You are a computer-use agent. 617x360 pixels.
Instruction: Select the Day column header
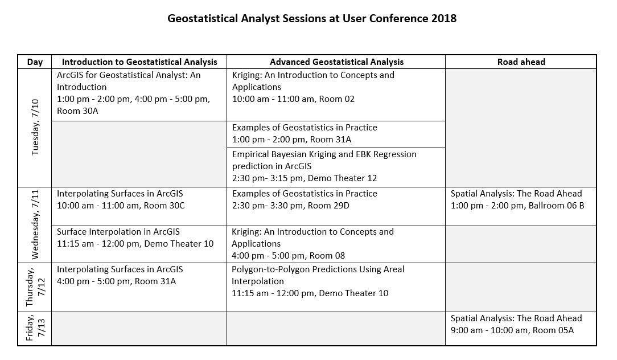click(35, 62)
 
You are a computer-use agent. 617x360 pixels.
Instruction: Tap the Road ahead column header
click(521, 62)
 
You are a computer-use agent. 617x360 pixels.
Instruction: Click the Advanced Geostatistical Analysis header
click(336, 62)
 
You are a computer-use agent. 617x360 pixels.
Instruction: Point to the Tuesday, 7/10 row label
click(35, 127)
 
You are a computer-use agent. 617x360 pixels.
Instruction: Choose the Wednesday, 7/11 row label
click(35, 224)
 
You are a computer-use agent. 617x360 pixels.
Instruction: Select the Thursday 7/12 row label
click(35, 287)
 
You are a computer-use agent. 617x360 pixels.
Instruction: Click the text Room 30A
click(77, 111)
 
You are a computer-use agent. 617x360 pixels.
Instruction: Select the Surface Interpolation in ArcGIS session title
click(118, 232)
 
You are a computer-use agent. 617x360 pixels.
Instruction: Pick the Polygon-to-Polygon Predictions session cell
click(336, 287)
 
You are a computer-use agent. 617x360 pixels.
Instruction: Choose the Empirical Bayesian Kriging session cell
click(336, 167)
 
